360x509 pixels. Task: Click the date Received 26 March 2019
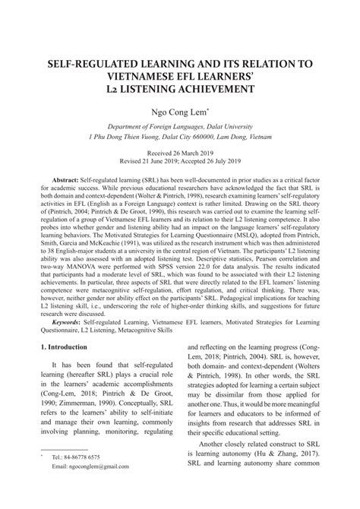tap(180, 153)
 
